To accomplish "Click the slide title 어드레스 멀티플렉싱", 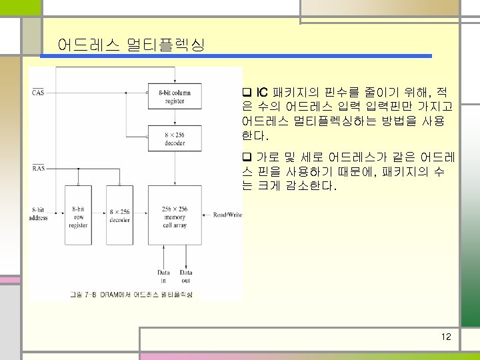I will [131, 45].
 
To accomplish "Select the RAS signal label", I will [39, 169].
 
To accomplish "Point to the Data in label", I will [163, 276].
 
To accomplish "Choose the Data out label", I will [186, 276].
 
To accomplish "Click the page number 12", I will [446, 337].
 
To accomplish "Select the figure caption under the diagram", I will [131, 294].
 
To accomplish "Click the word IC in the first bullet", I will [262, 91].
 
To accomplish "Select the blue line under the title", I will [237, 57].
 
